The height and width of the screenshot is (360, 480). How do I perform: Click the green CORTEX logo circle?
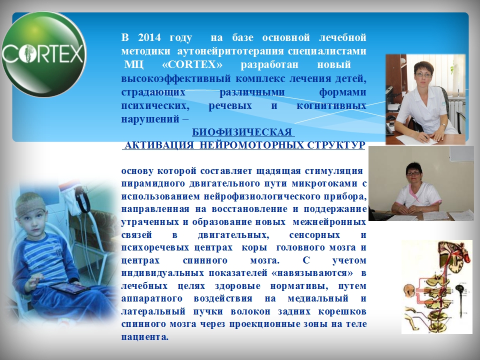point(44,54)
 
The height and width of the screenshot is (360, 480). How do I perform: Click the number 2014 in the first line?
point(149,37)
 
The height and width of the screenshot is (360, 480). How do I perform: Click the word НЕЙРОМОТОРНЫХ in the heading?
point(251,145)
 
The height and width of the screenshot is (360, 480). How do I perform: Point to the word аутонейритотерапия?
point(231,51)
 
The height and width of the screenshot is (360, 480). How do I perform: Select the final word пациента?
point(145,337)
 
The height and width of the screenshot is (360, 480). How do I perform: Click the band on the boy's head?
point(30,208)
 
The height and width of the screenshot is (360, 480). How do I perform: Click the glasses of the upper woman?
point(423,74)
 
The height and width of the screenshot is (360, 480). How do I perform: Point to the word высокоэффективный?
point(176,78)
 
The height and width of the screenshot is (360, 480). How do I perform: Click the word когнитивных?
point(331,105)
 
